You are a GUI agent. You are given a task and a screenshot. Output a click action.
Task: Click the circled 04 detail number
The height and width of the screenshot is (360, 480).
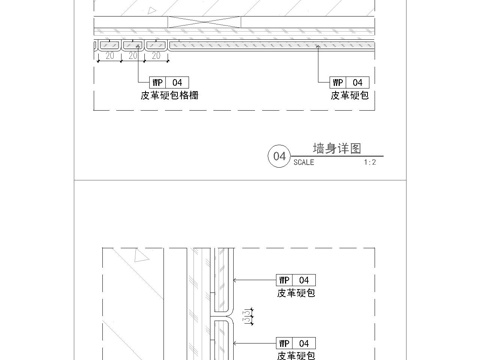(x=279, y=156)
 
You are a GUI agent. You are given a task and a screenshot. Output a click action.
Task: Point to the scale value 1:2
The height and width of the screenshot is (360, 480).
(x=369, y=161)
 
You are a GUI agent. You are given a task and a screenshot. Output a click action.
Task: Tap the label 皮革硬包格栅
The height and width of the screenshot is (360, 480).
(x=170, y=96)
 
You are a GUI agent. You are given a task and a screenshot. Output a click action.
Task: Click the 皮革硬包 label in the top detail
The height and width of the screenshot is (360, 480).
(x=350, y=96)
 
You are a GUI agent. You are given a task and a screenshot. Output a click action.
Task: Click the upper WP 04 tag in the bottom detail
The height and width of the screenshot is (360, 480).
(x=296, y=280)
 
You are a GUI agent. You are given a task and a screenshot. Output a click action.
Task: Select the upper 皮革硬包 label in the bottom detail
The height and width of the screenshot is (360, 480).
(x=297, y=294)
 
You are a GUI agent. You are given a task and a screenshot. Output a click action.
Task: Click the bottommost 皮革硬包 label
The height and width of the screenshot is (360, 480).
(x=297, y=355)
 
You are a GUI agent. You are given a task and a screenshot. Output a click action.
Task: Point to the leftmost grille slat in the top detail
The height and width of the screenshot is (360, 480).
(x=107, y=45)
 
